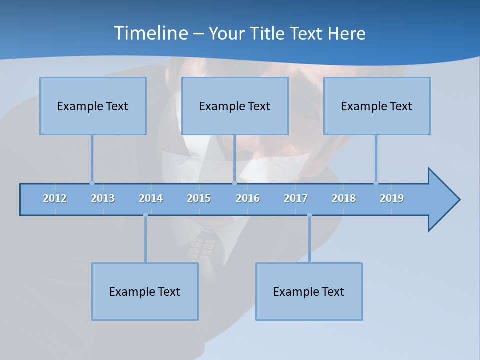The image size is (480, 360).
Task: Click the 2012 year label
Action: pyautogui.click(x=55, y=198)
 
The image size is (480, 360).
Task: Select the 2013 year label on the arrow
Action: pyautogui.click(x=103, y=198)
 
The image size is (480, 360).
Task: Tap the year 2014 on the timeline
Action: pyautogui.click(x=151, y=198)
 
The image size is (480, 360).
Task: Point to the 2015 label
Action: pyautogui.click(x=199, y=198)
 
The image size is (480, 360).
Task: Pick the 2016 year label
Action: pyautogui.click(x=248, y=198)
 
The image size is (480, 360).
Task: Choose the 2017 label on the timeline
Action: pyautogui.click(x=296, y=198)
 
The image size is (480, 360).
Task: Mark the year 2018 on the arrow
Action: pyautogui.click(x=344, y=198)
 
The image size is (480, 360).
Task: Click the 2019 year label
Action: pyautogui.click(x=392, y=198)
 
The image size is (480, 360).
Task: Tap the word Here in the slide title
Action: pyautogui.click(x=346, y=34)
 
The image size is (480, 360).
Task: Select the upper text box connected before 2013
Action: pyautogui.click(x=93, y=106)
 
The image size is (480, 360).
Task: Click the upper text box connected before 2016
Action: pyautogui.click(x=235, y=106)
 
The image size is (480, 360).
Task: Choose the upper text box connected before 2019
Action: pyautogui.click(x=377, y=106)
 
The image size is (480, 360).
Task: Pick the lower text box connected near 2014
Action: pyautogui.click(x=145, y=291)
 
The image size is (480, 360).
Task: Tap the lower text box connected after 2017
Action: pyautogui.click(x=309, y=291)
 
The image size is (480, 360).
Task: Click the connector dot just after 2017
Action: pyautogui.click(x=309, y=215)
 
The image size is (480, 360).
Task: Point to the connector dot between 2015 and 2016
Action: pyautogui.click(x=234, y=183)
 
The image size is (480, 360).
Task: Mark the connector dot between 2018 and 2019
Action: pyautogui.click(x=376, y=183)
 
